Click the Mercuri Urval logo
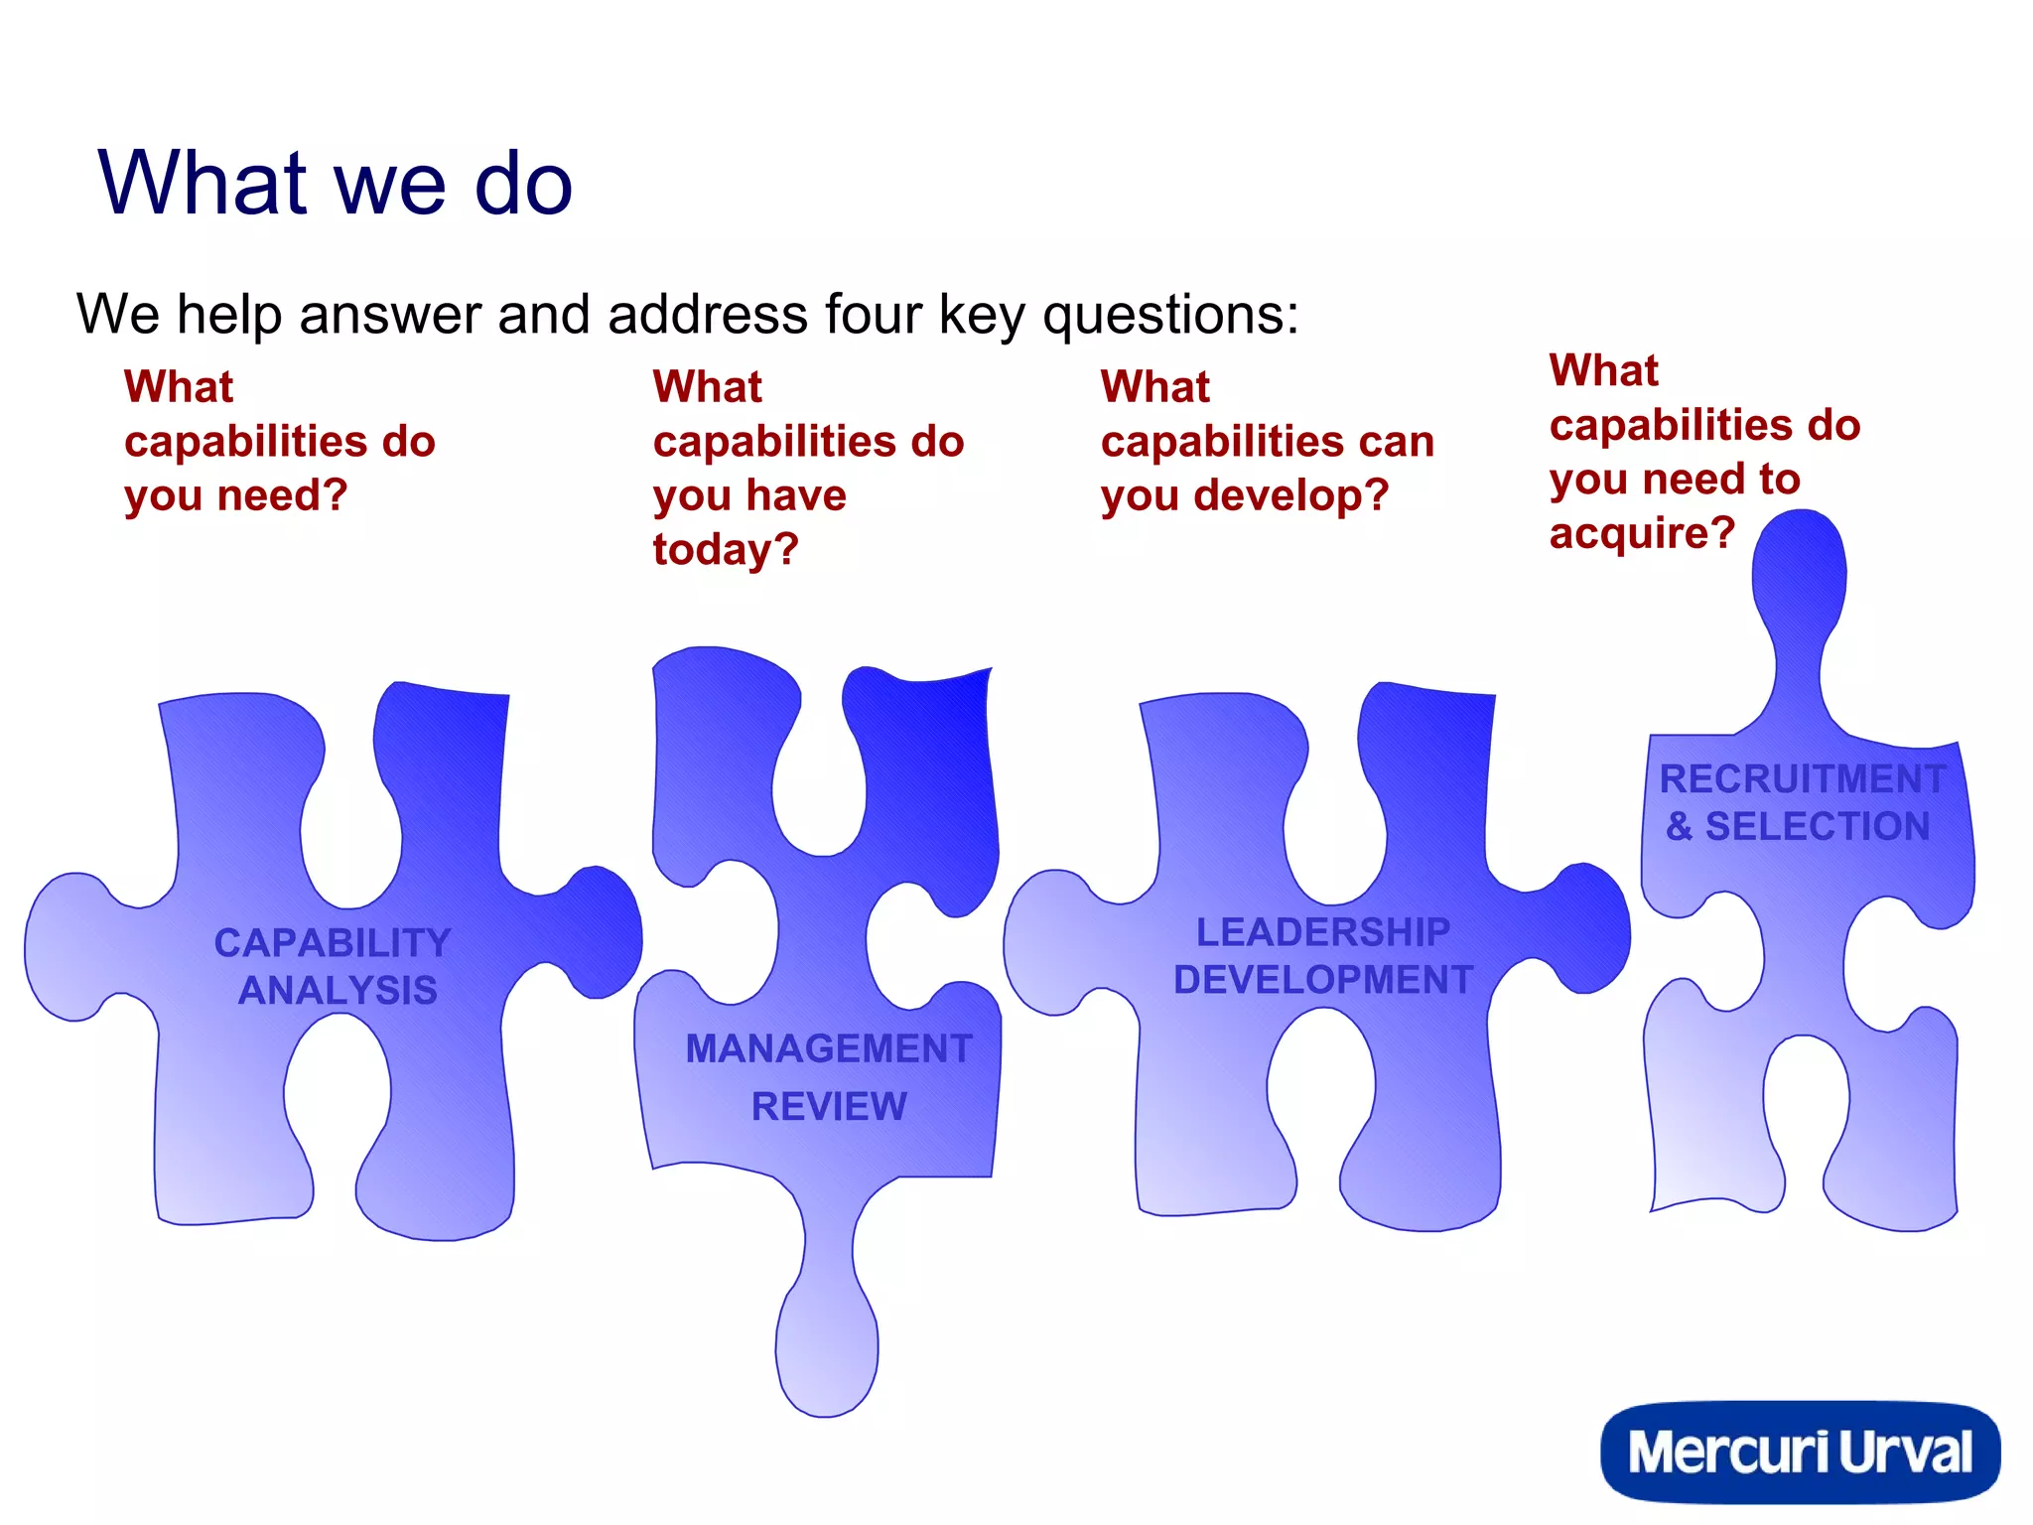click(x=1800, y=1452)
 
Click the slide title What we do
click(x=336, y=183)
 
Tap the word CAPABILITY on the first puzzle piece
click(x=333, y=942)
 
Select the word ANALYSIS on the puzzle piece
click(x=338, y=990)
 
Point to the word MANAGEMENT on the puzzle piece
click(x=829, y=1048)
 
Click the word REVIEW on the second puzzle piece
click(x=829, y=1106)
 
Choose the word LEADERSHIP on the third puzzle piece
click(x=1322, y=932)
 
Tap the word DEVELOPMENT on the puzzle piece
click(x=1322, y=980)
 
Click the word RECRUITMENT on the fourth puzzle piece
click(x=1802, y=778)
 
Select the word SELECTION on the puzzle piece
click(x=1818, y=826)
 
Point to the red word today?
click(x=726, y=550)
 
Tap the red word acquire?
click(x=1642, y=534)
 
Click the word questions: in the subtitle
click(x=1170, y=315)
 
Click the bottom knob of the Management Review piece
click(x=826, y=1350)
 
